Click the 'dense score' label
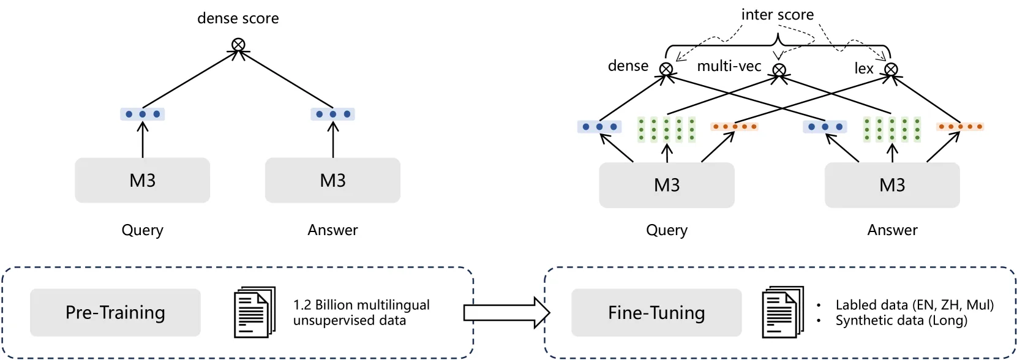(x=238, y=18)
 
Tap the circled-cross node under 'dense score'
(x=238, y=45)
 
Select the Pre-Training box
(x=115, y=312)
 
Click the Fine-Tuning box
(x=656, y=312)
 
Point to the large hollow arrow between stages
(x=507, y=312)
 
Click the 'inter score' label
(x=777, y=15)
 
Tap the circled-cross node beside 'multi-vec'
(x=779, y=70)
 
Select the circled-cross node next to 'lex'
(x=891, y=69)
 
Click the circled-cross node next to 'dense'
(x=666, y=69)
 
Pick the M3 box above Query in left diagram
(x=143, y=180)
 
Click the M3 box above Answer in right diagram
(x=892, y=185)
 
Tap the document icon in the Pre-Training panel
(x=255, y=312)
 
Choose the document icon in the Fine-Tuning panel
(x=782, y=312)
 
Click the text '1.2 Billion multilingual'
(x=361, y=305)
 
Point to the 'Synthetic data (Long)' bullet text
(x=901, y=320)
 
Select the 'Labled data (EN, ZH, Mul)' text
(x=914, y=305)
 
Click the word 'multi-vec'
(x=729, y=66)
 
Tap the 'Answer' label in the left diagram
(x=333, y=230)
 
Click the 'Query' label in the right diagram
(x=667, y=230)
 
